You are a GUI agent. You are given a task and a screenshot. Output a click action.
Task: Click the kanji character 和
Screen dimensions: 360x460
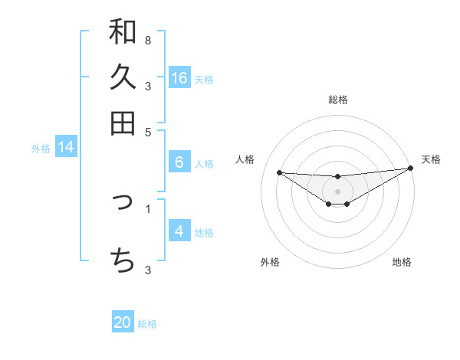click(123, 32)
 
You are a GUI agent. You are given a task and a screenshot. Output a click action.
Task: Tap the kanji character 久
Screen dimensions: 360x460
click(123, 77)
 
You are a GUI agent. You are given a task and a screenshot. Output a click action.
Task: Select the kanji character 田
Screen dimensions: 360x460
click(123, 123)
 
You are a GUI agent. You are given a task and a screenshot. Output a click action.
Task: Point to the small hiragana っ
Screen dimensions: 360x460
click(123, 204)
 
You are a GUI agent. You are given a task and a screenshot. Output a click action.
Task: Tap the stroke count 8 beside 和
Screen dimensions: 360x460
click(148, 40)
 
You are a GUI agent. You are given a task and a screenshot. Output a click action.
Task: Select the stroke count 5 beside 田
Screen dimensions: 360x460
click(148, 131)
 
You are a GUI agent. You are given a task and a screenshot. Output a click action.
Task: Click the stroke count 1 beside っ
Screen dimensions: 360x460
click(148, 207)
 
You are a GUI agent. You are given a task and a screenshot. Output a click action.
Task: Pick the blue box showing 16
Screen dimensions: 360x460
click(179, 78)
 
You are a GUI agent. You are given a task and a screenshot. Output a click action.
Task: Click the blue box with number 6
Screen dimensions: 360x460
click(179, 162)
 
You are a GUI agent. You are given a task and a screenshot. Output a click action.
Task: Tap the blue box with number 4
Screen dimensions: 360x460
click(179, 231)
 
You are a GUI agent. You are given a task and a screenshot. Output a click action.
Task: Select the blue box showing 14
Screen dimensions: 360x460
click(66, 148)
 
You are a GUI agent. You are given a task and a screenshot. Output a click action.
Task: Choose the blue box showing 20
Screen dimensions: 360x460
click(123, 323)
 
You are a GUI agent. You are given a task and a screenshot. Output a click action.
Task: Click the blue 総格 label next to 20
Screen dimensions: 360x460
click(147, 324)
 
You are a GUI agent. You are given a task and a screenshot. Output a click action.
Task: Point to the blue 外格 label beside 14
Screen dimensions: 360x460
click(41, 149)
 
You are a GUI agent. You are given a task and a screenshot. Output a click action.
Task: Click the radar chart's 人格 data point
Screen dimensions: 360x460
click(279, 172)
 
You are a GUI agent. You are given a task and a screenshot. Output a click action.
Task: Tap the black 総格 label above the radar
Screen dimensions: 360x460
click(338, 100)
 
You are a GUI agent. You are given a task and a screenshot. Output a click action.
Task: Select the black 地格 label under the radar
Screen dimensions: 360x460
click(402, 263)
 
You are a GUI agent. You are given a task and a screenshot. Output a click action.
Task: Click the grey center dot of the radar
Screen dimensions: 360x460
click(338, 191)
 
